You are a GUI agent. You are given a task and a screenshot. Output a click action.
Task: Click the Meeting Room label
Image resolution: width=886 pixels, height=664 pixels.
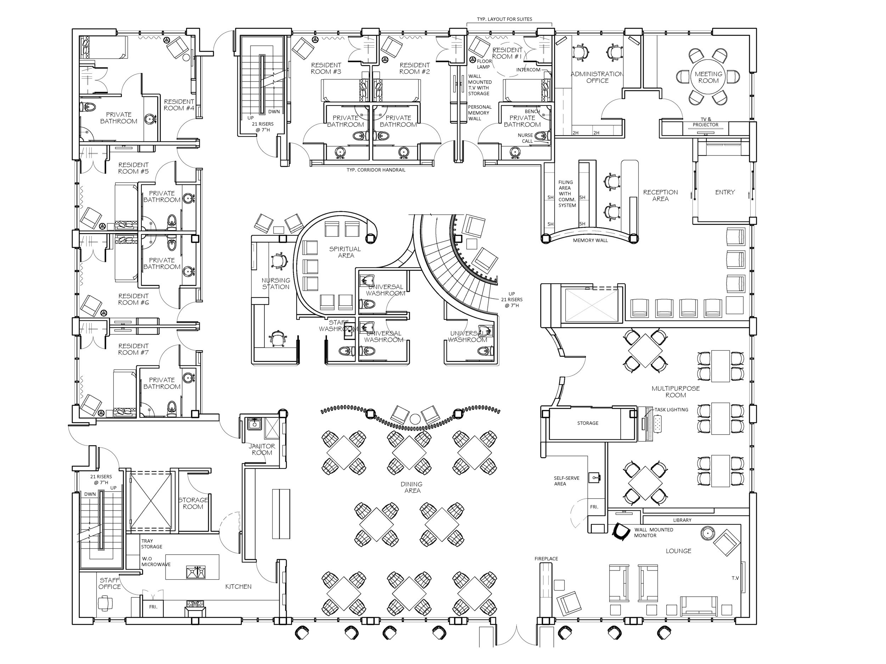click(x=708, y=77)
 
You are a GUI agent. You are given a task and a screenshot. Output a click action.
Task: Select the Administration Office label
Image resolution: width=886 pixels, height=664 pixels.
click(x=597, y=77)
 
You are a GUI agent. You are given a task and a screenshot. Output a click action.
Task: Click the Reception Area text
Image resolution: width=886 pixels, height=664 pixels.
click(x=661, y=195)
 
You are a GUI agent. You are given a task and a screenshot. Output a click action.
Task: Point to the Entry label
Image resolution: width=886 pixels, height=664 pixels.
click(x=725, y=192)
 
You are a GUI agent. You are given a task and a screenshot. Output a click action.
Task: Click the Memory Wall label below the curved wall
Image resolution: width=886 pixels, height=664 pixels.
click(x=590, y=240)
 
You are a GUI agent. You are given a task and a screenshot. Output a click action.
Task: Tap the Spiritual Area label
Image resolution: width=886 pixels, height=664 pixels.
click(x=345, y=252)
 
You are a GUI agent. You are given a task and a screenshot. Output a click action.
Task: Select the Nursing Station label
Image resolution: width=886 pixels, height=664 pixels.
click(x=276, y=283)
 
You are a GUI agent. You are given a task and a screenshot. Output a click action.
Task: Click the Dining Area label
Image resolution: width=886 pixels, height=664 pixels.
click(x=411, y=487)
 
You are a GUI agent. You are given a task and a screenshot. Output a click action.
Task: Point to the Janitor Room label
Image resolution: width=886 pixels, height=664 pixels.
click(x=262, y=449)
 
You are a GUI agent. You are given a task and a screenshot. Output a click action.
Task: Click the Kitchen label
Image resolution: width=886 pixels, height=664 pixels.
click(x=238, y=586)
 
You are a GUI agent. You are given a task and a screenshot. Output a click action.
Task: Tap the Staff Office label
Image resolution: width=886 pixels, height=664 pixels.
click(x=110, y=583)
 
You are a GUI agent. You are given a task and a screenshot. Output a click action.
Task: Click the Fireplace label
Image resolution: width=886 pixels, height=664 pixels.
click(x=546, y=558)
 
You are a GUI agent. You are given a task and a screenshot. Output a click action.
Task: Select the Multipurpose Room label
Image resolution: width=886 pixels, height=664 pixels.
click(x=675, y=391)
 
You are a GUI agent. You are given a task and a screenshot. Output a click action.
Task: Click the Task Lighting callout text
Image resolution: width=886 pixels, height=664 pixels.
click(x=671, y=409)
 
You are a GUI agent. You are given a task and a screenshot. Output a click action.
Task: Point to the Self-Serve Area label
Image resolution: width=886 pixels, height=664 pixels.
click(x=566, y=481)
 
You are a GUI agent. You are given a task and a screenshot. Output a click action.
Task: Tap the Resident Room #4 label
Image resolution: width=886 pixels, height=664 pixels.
click(x=179, y=105)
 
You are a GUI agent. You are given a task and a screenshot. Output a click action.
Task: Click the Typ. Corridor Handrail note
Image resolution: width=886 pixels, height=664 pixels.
click(x=376, y=170)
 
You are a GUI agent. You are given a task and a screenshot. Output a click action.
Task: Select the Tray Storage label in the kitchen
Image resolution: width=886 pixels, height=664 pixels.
click(x=151, y=544)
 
